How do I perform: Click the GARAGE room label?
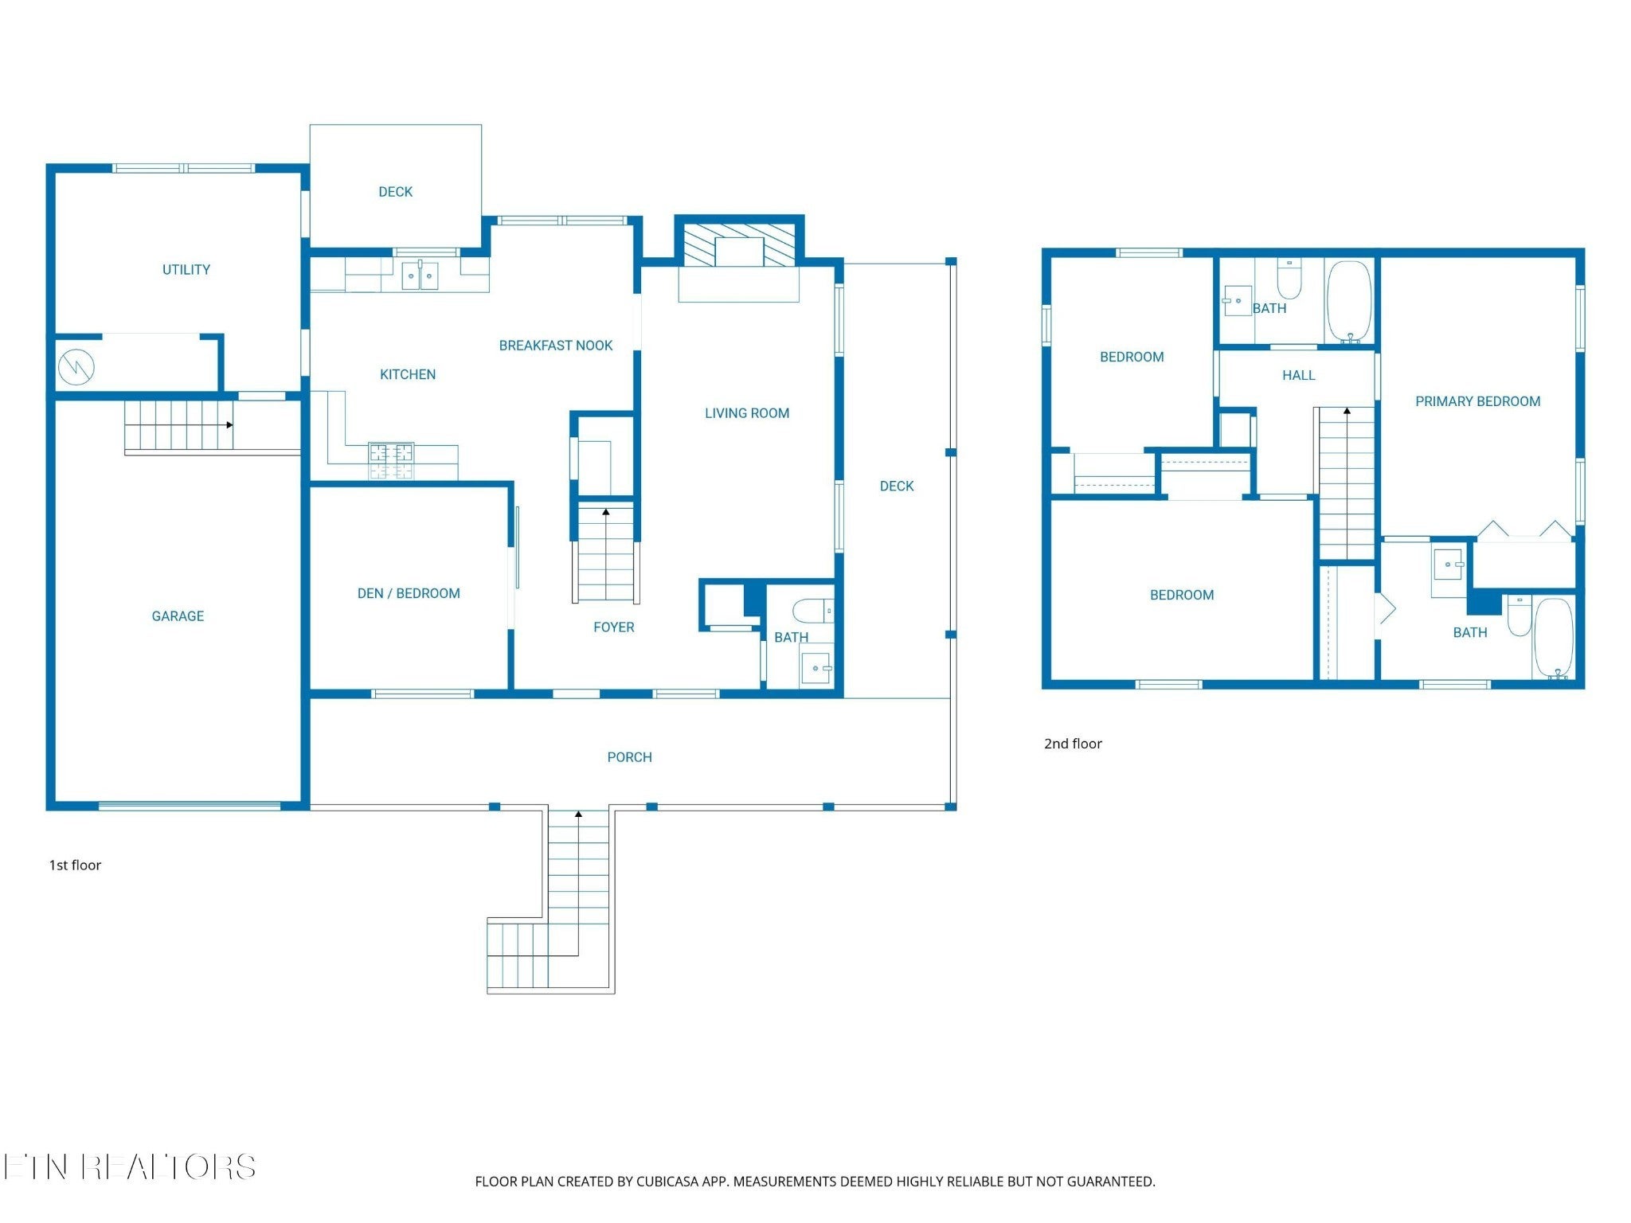coord(178,616)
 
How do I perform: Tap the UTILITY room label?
coord(186,270)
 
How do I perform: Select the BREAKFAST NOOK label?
coord(556,346)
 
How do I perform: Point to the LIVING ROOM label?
coord(747,413)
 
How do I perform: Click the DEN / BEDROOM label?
coord(409,593)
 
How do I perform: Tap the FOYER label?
coord(614,627)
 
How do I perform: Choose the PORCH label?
coord(630,757)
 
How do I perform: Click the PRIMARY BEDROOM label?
coord(1478,401)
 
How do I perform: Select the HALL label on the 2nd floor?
coord(1299,375)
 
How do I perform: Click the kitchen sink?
coord(420,275)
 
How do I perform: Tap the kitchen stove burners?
coord(391,462)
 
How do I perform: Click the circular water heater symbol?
coord(76,367)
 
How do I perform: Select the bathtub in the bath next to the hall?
coord(1349,301)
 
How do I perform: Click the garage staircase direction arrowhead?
coord(229,425)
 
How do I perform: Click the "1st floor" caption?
coord(75,865)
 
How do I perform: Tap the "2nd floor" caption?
coord(1073,744)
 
